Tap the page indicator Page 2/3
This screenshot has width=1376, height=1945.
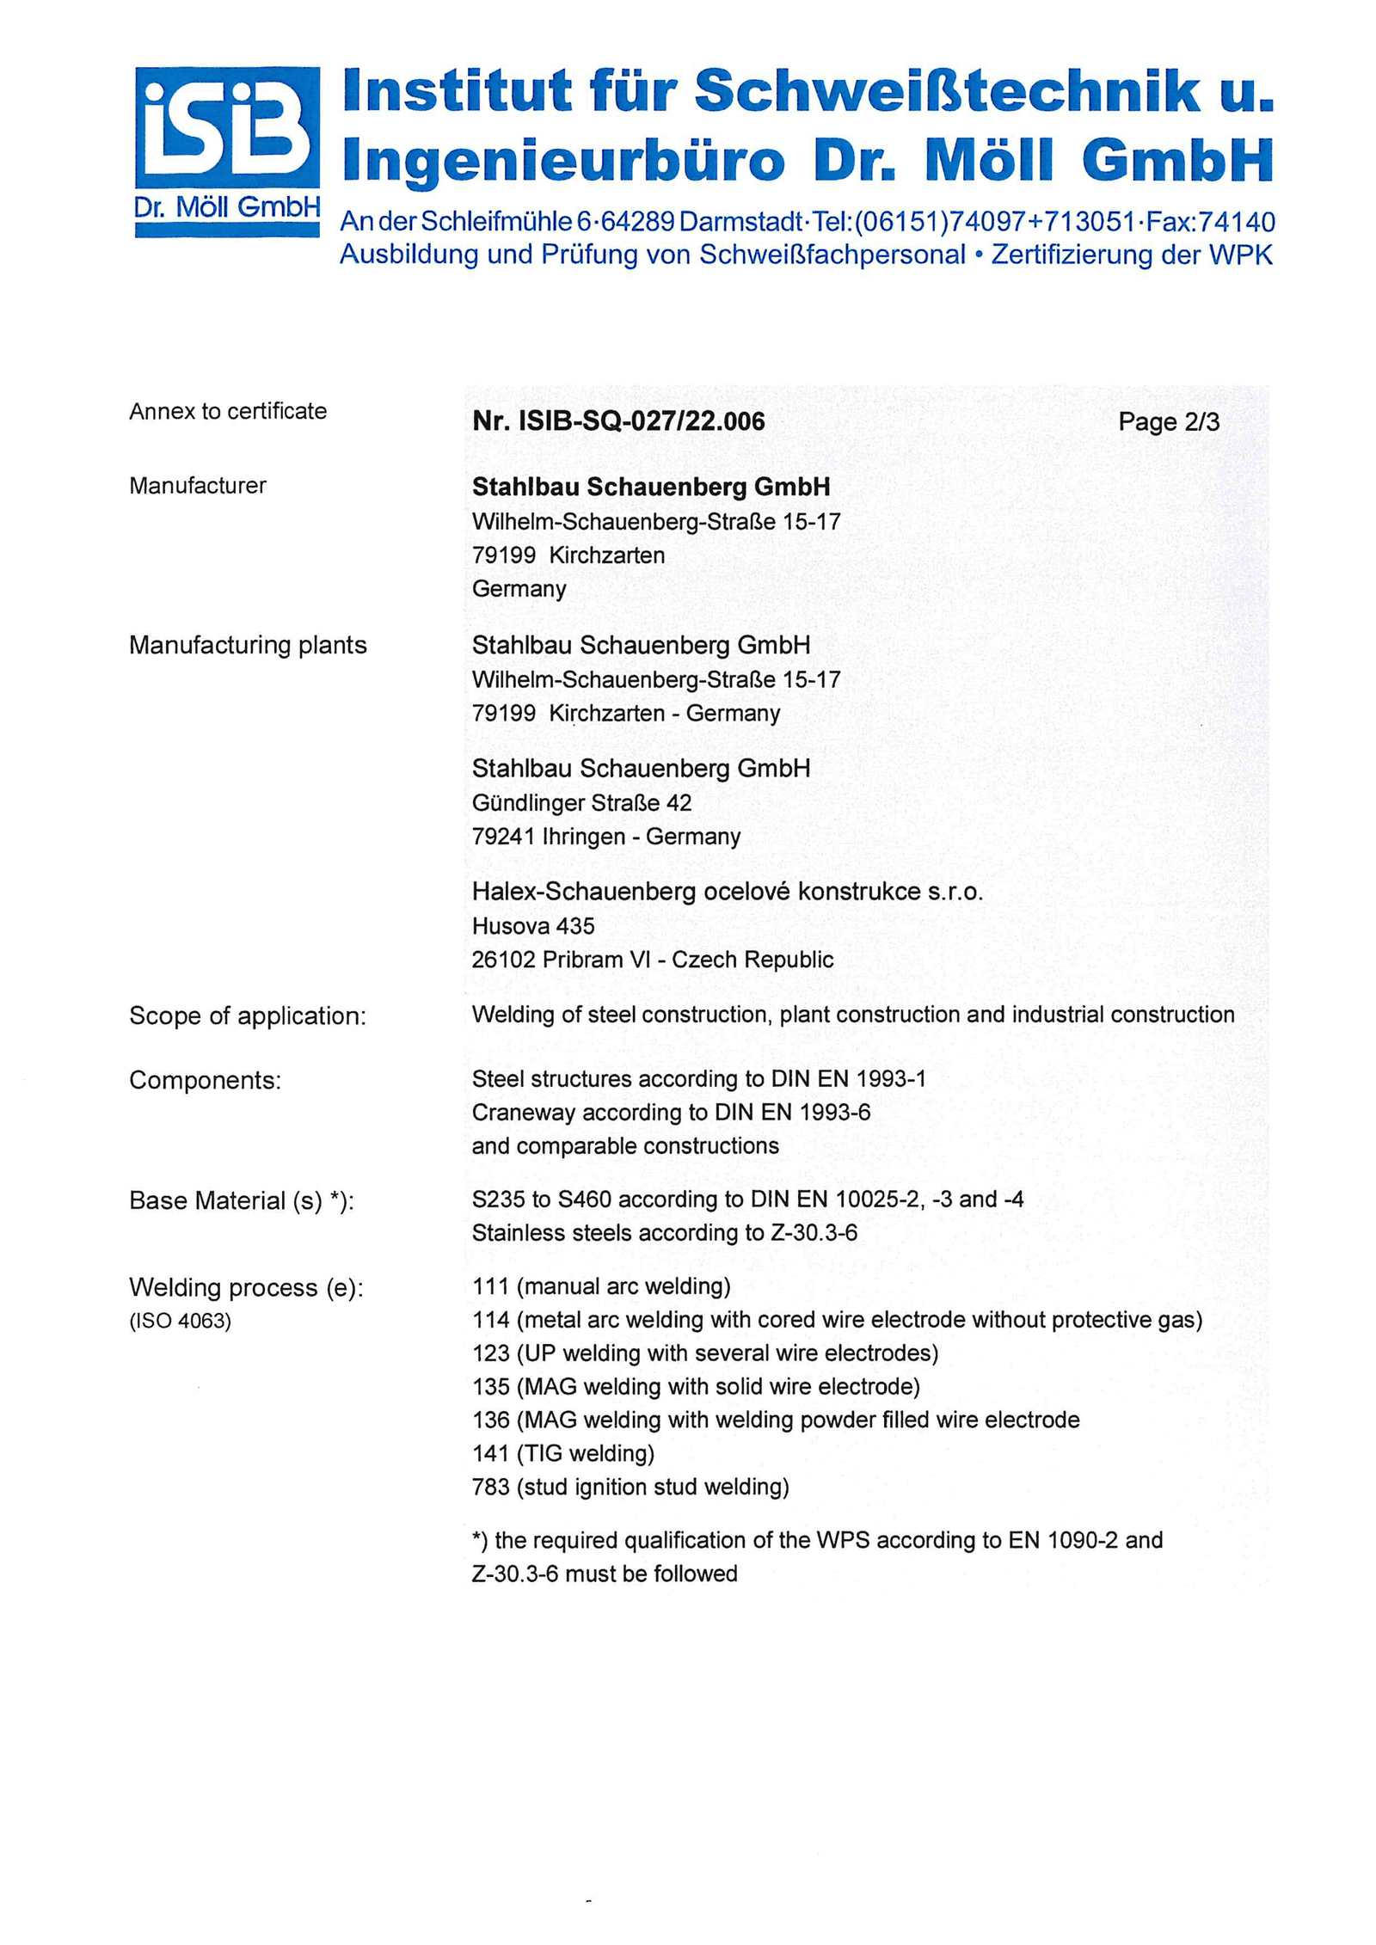click(1168, 422)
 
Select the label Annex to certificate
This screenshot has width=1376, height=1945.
click(228, 411)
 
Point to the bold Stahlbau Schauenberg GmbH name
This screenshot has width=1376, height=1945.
click(651, 487)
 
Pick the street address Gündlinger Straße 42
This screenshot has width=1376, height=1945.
click(581, 803)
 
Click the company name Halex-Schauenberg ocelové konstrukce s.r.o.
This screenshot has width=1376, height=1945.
click(727, 892)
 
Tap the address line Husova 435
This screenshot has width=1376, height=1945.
click(533, 926)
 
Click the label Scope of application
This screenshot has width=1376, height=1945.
click(248, 1015)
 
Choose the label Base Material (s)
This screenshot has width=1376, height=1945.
click(241, 1200)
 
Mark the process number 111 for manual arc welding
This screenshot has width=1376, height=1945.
click(490, 1286)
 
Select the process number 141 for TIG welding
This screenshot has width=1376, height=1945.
click(490, 1454)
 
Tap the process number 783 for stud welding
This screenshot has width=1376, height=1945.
click(490, 1488)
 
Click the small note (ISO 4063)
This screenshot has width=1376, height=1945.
click(181, 1321)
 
